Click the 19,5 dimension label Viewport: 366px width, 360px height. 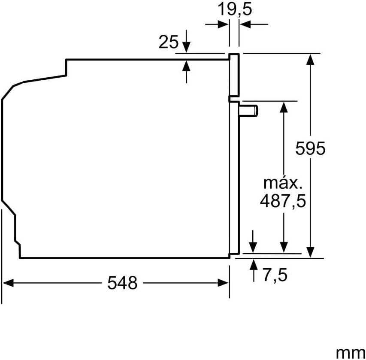click(x=235, y=9)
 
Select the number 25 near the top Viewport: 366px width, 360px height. click(x=169, y=42)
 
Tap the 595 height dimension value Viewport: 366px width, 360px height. click(x=310, y=148)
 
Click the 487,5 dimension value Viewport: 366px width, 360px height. click(x=283, y=201)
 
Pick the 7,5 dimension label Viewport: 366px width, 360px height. click(x=275, y=275)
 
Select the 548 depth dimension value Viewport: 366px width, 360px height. click(x=122, y=283)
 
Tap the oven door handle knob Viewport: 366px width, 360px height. click(x=248, y=110)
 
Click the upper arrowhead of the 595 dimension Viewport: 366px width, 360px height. click(x=310, y=59)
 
